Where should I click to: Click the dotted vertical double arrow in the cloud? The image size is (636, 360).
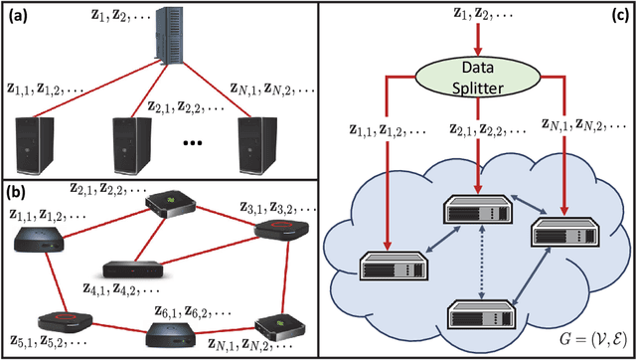[x=480, y=270]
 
